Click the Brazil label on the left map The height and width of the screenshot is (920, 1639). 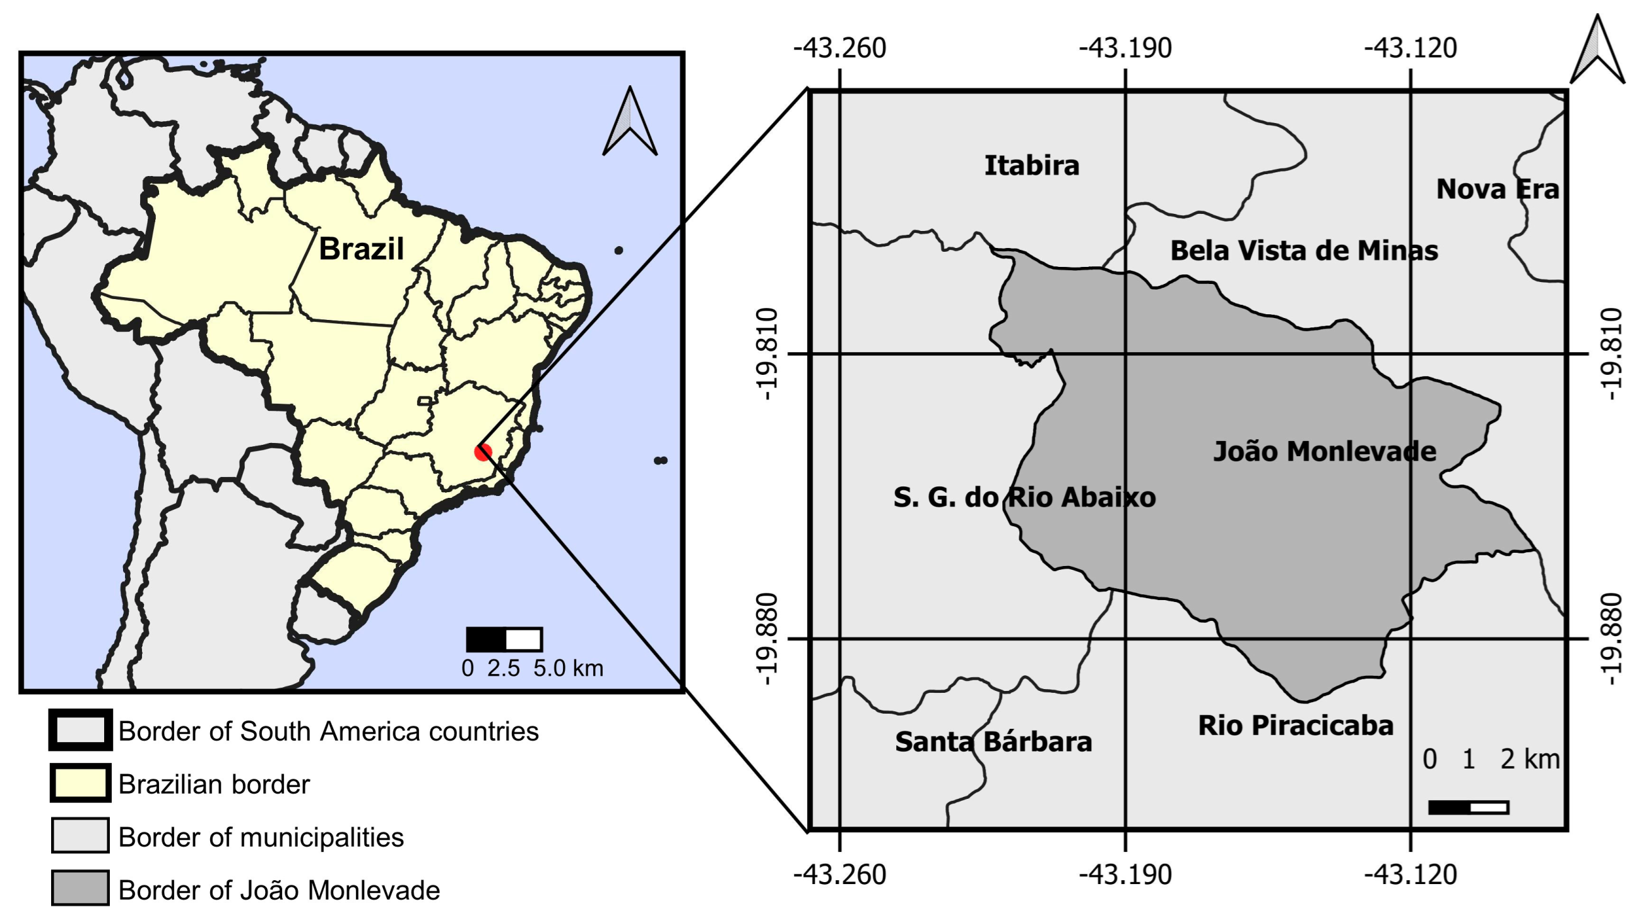[x=361, y=249]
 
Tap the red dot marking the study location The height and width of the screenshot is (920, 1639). [x=483, y=452]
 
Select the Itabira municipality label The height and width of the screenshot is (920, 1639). [x=1031, y=166]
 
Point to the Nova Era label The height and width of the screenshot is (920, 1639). [x=1497, y=189]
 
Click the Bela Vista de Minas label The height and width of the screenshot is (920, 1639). [x=1304, y=251]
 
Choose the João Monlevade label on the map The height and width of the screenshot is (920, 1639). [x=1324, y=452]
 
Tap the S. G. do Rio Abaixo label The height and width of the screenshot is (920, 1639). [x=1024, y=497]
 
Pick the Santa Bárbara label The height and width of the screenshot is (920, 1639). [x=993, y=742]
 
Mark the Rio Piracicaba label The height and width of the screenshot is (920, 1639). [x=1296, y=726]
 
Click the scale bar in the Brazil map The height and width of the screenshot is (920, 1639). [x=504, y=639]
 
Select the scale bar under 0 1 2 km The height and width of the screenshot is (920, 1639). [x=1468, y=808]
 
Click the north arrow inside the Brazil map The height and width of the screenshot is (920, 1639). [x=629, y=122]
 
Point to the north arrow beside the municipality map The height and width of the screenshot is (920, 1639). [x=1597, y=51]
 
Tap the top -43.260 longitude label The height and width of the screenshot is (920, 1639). [x=839, y=49]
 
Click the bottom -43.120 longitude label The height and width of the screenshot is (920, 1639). [x=1410, y=874]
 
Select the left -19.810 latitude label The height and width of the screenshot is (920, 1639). [x=768, y=354]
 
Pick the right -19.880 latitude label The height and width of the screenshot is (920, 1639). [x=1611, y=639]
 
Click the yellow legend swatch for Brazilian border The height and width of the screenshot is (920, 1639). [x=81, y=783]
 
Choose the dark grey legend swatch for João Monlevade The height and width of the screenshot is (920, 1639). [x=80, y=888]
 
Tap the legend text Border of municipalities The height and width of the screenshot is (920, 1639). [x=261, y=837]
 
